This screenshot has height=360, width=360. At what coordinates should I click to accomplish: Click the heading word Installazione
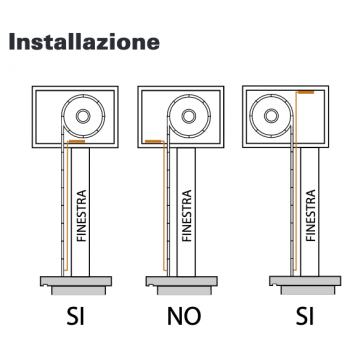(84, 42)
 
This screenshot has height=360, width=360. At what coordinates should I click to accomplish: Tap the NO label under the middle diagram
(184, 316)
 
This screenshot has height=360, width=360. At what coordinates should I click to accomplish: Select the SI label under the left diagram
(76, 316)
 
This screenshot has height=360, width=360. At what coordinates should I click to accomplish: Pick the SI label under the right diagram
(305, 316)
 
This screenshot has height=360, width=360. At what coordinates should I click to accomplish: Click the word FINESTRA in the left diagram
(81, 215)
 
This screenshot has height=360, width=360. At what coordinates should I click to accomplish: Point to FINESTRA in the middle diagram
(187, 215)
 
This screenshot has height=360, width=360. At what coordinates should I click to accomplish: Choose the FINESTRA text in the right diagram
(310, 215)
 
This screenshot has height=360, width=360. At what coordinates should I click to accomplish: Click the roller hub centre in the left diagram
(83, 116)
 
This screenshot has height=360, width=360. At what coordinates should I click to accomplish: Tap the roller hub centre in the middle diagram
(189, 116)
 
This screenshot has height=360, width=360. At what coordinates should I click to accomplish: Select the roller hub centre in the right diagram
(271, 116)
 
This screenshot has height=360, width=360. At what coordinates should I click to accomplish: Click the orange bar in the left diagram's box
(77, 142)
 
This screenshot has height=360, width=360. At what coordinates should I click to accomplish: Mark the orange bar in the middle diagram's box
(153, 141)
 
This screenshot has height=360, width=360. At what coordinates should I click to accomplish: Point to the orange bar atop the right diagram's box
(306, 92)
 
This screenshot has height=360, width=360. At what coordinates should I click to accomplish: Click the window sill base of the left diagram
(76, 285)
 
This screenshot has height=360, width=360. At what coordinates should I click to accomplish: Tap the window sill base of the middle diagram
(182, 285)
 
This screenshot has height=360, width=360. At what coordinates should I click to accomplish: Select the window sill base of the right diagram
(305, 285)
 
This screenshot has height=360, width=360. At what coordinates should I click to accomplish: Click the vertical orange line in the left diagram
(67, 207)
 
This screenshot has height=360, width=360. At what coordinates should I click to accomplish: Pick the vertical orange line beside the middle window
(164, 207)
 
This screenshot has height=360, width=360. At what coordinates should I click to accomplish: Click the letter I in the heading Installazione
(13, 42)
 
